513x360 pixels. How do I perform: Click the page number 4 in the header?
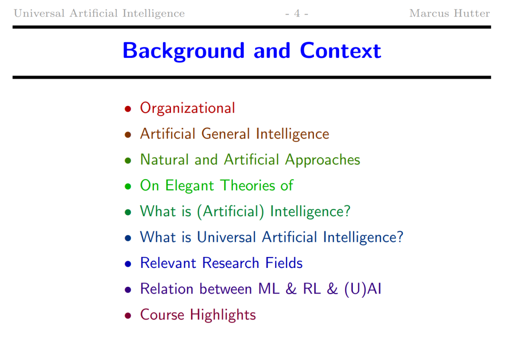click(297, 13)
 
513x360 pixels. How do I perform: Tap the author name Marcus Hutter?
click(449, 13)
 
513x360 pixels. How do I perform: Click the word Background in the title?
click(183, 51)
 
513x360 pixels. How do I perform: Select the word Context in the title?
click(340, 51)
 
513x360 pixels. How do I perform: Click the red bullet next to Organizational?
click(128, 109)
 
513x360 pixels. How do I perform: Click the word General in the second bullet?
click(226, 134)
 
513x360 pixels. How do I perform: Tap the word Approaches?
click(322, 160)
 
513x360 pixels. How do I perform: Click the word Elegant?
click(190, 186)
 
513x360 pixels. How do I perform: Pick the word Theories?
click(247, 185)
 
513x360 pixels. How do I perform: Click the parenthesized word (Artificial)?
click(230, 211)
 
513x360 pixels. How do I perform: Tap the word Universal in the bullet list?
click(227, 237)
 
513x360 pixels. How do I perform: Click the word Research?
click(231, 263)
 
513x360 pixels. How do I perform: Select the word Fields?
click(284, 263)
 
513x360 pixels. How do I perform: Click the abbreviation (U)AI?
click(363, 289)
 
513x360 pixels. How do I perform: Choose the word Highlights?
click(223, 315)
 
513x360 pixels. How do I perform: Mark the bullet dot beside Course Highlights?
click(128, 315)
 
